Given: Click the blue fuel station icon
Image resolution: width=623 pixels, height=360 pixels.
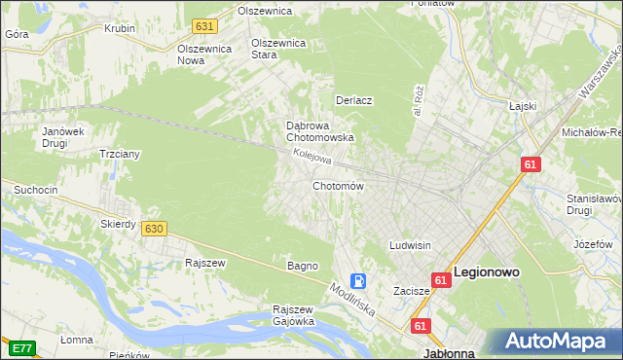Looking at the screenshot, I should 359,281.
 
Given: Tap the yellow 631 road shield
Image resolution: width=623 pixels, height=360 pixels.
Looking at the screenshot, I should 203,26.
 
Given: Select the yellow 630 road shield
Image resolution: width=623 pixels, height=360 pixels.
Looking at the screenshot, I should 153,228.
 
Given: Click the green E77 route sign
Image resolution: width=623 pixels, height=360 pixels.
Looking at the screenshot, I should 22,347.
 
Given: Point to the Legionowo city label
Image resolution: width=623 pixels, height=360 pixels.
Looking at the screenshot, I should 488,273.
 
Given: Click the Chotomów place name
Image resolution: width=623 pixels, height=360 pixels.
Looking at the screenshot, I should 338,186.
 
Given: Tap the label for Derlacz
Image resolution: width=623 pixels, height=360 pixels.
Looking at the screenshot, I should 355,100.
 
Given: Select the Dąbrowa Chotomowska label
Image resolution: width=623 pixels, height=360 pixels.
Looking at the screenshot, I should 319,131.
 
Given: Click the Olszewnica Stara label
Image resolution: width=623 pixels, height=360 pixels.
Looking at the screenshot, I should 279,49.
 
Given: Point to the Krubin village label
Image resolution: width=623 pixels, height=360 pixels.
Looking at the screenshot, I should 120,28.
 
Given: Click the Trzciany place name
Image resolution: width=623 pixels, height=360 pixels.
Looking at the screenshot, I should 122,154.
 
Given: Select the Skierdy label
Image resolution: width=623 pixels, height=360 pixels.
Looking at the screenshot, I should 118,224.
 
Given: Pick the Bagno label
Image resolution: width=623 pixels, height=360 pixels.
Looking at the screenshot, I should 302,266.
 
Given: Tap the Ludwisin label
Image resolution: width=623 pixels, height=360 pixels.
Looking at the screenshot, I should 411,245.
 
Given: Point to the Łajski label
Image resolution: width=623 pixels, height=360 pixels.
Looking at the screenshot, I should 524,107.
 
